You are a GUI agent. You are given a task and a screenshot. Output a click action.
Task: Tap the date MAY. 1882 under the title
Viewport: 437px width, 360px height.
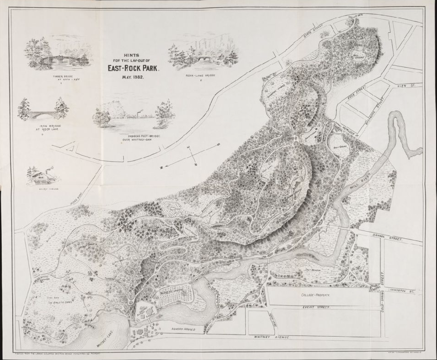pos(133,77)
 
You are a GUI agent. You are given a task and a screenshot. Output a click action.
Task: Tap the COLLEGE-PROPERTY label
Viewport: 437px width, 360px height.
pos(316,295)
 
